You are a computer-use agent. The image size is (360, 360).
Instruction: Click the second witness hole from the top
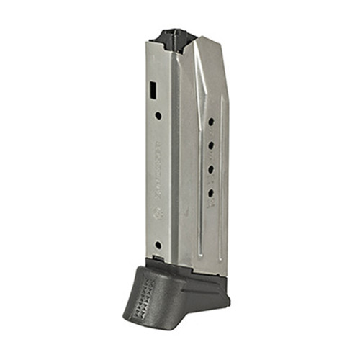[212, 146]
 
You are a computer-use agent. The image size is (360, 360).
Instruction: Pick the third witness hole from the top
[212, 170]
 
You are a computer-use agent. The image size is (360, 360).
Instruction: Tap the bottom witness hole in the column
[211, 193]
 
